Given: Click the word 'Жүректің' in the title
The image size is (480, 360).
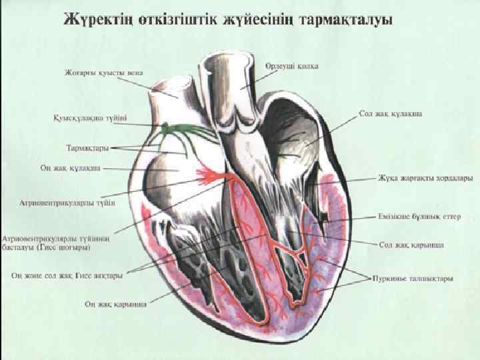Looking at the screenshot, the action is click(x=92, y=19).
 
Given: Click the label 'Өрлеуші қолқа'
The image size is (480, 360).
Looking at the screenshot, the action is click(x=291, y=66).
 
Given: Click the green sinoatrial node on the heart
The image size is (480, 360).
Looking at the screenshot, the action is click(x=165, y=127).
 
